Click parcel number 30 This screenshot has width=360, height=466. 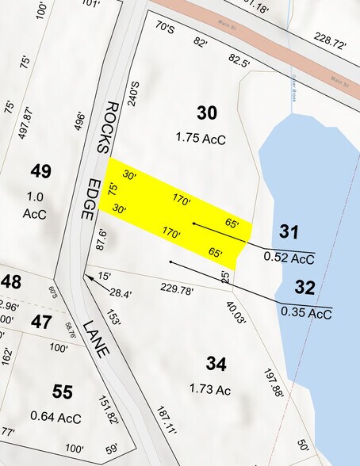[x=206, y=113]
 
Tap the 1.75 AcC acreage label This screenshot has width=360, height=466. [x=201, y=139]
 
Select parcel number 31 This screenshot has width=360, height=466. [x=289, y=231]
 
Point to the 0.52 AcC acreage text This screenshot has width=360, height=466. [x=289, y=257]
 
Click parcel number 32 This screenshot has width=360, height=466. [x=304, y=287]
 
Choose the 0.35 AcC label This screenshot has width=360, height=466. [x=305, y=312]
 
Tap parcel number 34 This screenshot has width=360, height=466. [x=216, y=364]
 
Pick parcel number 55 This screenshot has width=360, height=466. [x=63, y=391]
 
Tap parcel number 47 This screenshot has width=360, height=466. [x=41, y=321]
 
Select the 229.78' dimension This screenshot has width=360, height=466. [x=177, y=288]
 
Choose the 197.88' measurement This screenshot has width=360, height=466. [x=274, y=382]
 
